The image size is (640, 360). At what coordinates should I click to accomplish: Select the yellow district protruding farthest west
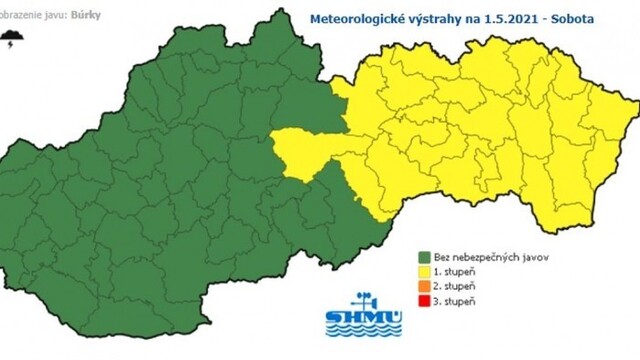coord(300,151)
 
